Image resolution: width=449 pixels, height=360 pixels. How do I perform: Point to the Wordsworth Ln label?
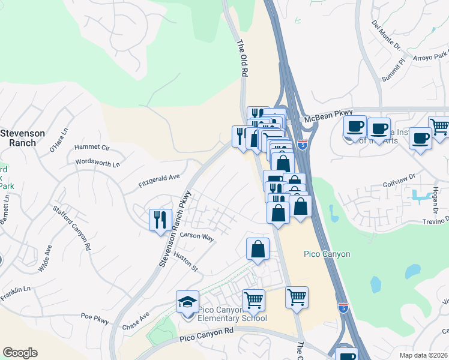coord(98,163)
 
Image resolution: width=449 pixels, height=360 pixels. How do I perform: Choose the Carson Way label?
coord(197,238)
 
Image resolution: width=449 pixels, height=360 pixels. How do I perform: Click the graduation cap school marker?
coord(187,301)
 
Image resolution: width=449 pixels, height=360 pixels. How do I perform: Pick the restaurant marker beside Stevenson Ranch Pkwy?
coord(160,219)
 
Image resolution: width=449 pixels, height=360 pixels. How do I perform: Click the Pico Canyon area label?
coord(327,254)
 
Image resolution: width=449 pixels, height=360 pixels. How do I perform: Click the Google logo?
coord(20,353)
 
